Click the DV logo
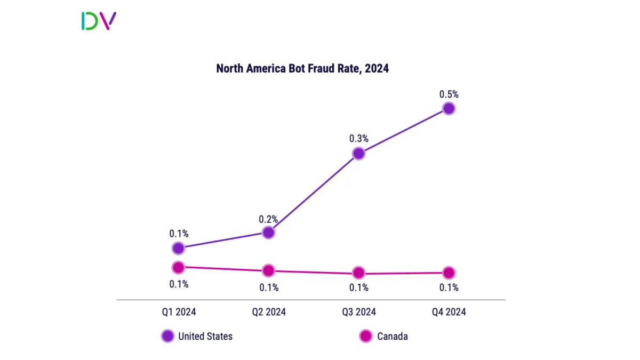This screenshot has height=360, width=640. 99,21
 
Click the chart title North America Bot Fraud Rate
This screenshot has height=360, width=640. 302,69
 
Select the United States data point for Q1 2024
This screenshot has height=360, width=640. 179,248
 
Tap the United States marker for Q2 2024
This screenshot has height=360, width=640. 269,232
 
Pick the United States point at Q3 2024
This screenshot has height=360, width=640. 359,154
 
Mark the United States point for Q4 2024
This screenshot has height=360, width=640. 449,109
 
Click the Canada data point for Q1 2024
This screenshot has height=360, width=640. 179,267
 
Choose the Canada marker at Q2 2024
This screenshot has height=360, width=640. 269,270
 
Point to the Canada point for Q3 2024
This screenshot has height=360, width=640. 359,273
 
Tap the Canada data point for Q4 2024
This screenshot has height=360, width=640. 449,273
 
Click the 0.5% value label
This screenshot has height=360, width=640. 449,94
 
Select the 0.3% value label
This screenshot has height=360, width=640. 359,139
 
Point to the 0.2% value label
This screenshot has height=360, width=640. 269,219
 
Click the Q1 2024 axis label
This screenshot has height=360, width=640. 179,312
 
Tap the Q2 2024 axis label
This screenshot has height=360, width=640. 269,312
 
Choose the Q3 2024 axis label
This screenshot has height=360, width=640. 359,312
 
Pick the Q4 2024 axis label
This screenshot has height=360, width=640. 449,312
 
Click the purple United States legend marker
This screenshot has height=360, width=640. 167,336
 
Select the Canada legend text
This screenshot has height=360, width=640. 393,336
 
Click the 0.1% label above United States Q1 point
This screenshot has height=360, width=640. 179,234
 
